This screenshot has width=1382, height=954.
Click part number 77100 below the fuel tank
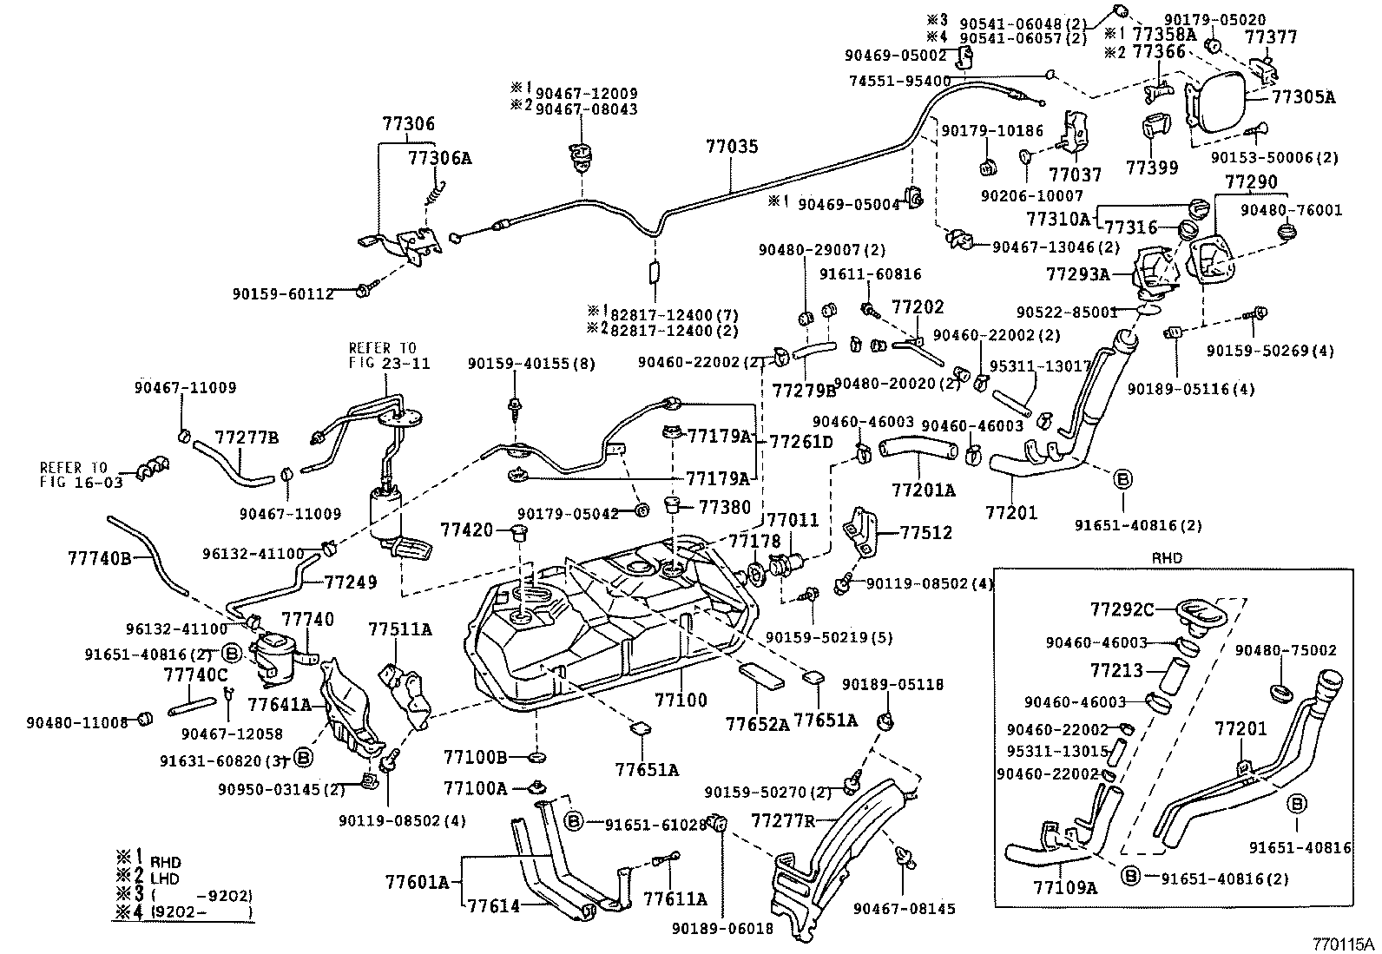point(681,700)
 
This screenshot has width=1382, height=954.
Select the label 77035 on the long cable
point(731,147)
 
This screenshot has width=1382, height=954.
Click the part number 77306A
point(440,158)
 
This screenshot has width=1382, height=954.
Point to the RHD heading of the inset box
point(1164,558)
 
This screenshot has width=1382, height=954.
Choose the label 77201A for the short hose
point(923,490)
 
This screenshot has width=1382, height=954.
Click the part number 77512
point(925,532)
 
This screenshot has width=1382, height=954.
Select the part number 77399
point(1151,166)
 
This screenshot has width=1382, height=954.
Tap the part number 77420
point(466,530)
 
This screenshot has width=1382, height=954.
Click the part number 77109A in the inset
point(1065,887)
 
